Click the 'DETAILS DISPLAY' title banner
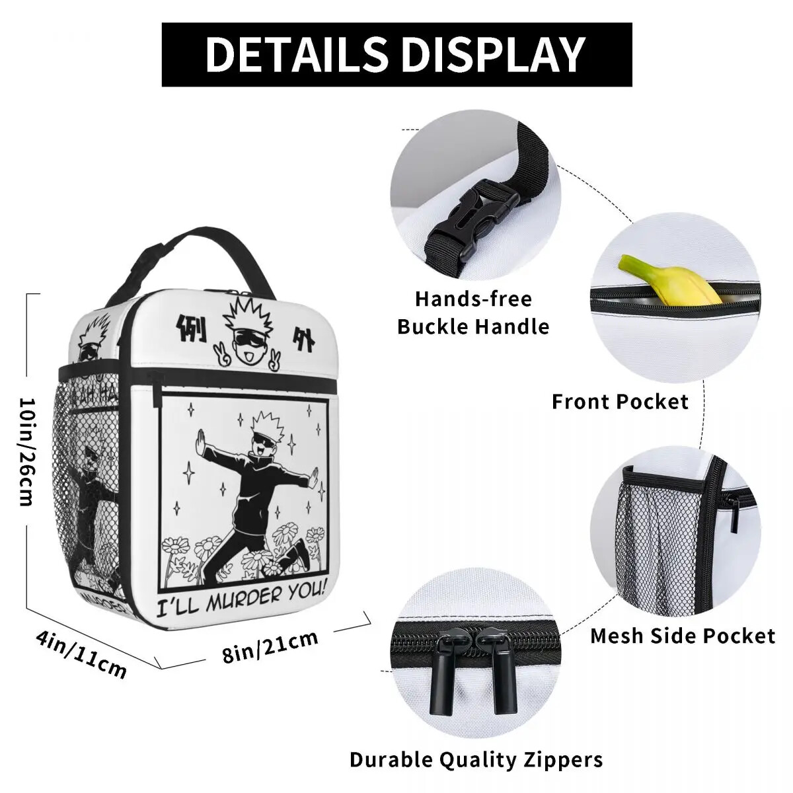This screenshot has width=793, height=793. (397, 54)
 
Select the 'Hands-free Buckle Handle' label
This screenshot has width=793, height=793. (473, 313)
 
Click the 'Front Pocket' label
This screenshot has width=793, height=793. (620, 401)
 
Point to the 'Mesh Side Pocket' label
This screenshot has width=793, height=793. (682, 636)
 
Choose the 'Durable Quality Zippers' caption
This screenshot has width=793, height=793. (476, 759)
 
